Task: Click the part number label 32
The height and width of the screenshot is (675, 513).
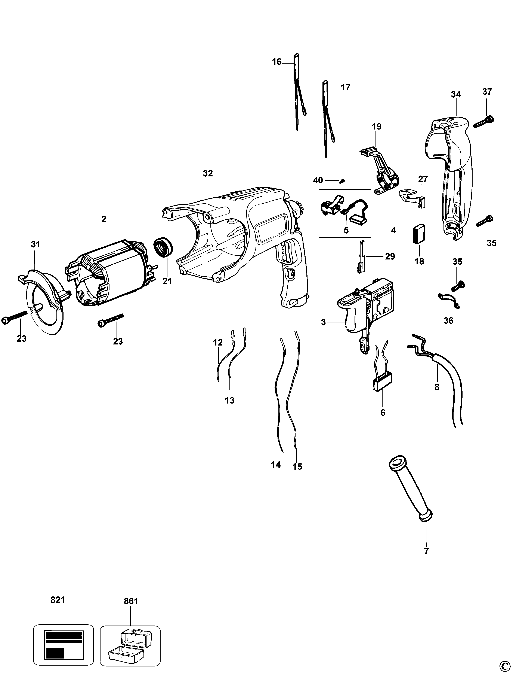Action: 208,173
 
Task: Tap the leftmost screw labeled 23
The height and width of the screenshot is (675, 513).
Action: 14,318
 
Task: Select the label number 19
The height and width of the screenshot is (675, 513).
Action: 377,126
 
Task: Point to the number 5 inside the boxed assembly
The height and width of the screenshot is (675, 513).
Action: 346,230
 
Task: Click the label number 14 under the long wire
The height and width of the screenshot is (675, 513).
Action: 276,465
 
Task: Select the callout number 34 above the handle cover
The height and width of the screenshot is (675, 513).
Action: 456,94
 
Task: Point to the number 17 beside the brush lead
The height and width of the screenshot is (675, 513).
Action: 345,87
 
